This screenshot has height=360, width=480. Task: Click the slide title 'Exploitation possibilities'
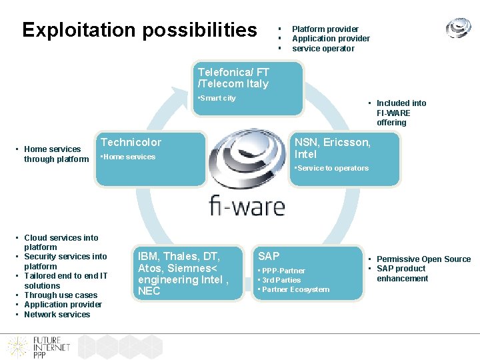(x=139, y=30)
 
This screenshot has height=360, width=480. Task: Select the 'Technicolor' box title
(x=131, y=142)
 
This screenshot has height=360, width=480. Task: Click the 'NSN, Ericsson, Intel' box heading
(x=333, y=148)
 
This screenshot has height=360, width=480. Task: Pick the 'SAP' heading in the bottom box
(x=269, y=256)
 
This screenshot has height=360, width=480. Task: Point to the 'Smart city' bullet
(x=218, y=98)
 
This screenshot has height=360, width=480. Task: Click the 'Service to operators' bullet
(x=332, y=168)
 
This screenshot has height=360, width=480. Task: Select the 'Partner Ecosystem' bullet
(x=295, y=289)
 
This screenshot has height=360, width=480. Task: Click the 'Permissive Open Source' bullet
(x=423, y=259)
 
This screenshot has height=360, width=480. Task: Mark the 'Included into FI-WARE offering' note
(x=401, y=113)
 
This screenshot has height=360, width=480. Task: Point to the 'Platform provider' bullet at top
(x=325, y=29)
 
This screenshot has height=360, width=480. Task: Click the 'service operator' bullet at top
(x=323, y=48)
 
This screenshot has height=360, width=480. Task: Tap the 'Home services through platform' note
(x=56, y=154)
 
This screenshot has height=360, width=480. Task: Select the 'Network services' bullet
(x=57, y=315)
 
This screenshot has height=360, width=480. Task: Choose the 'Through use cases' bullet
(x=60, y=295)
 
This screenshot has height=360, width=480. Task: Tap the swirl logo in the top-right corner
(x=458, y=28)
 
